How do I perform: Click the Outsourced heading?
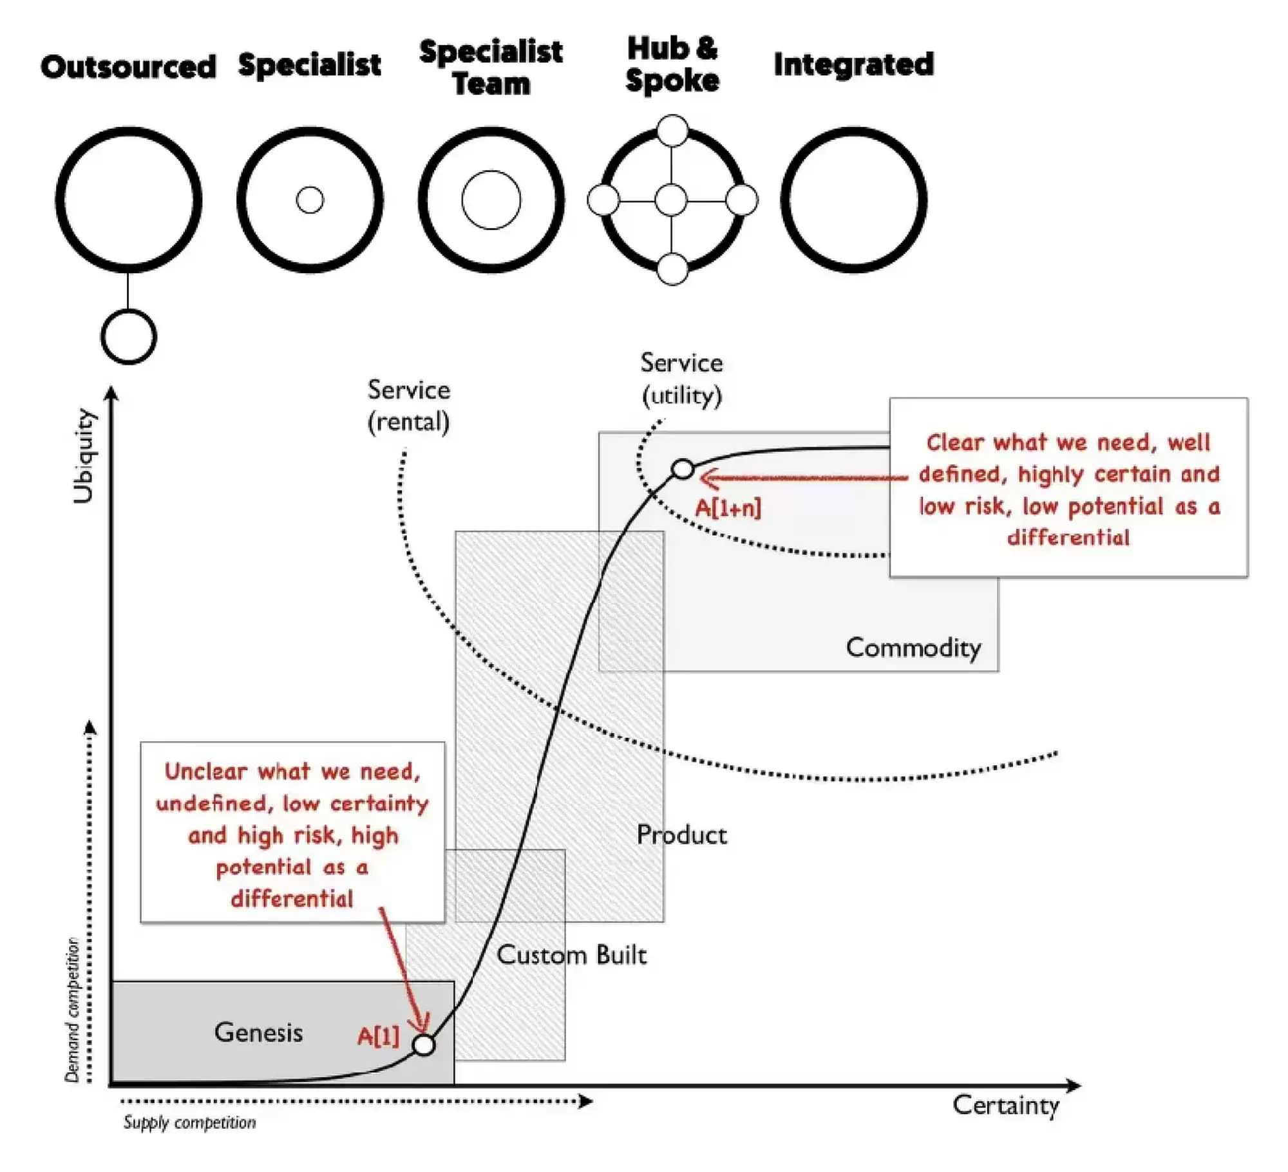[128, 67]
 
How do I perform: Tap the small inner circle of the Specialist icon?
[310, 200]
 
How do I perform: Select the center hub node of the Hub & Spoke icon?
[671, 200]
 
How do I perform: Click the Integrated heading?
[853, 64]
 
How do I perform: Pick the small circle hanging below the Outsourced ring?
[129, 336]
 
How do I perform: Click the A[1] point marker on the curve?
[424, 1044]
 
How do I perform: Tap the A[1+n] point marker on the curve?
[683, 469]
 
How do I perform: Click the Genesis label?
[258, 1032]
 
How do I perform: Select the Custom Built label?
[571, 954]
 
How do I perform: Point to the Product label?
[681, 835]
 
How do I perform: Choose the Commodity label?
[913, 647]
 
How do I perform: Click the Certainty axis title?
[1006, 1105]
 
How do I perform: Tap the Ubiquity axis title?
[84, 456]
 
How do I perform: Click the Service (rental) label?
[408, 406]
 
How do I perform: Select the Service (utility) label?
[681, 379]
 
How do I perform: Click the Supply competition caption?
[189, 1122]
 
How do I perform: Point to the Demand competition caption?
[72, 1010]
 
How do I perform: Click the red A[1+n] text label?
[728, 508]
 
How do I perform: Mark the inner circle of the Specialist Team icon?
[491, 200]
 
